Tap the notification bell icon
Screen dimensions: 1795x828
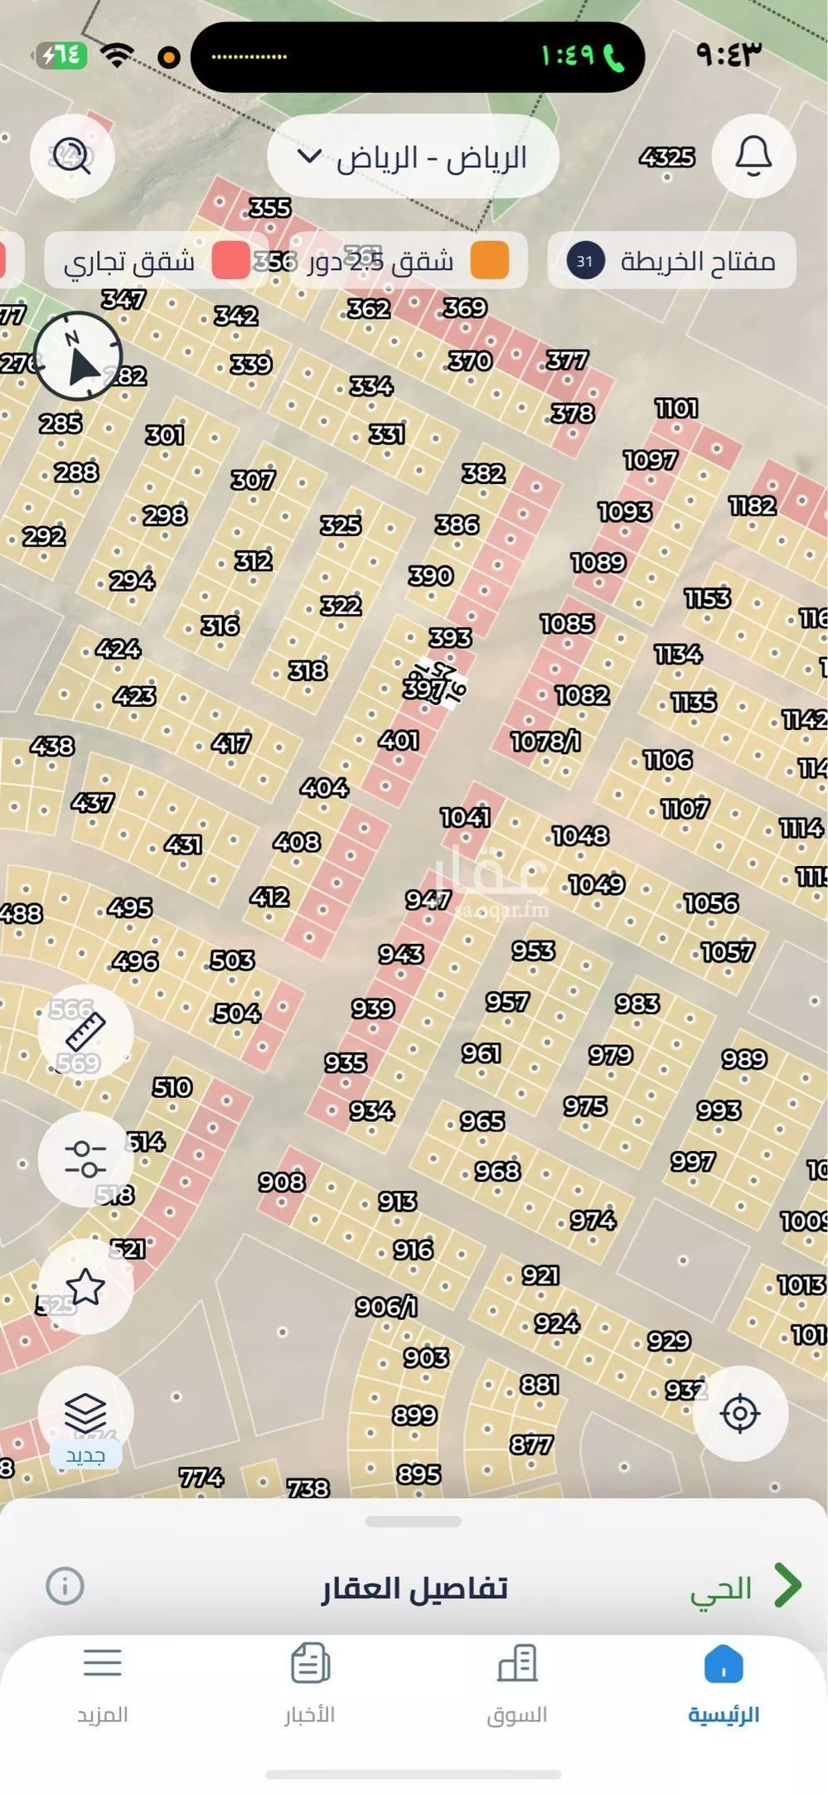[753, 156]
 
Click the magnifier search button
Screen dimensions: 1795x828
[72, 156]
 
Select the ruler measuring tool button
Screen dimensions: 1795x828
[85, 1033]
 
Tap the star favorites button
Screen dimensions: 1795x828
[85, 1287]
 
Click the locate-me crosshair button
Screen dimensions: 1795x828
[740, 1413]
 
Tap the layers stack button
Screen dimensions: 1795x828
[85, 1411]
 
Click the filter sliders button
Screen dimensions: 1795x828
[85, 1159]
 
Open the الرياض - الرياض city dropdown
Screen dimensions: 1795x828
[413, 157]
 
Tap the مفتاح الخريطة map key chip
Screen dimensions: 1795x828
[671, 261]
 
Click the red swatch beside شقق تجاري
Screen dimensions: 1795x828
[230, 261]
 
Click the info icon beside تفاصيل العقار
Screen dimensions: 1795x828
[65, 1586]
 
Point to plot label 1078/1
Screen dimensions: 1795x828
[545, 741]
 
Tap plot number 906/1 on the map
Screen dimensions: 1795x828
[386, 1307]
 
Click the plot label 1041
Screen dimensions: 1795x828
[465, 818]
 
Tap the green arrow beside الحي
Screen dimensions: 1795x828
[787, 1585]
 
